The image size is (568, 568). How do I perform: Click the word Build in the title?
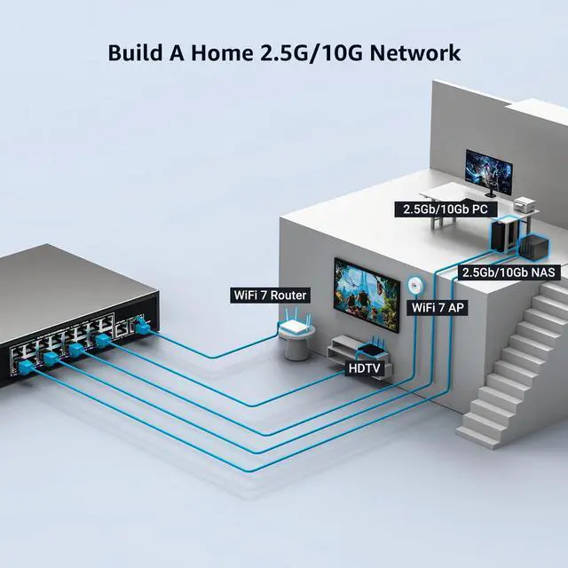pyautogui.click(x=136, y=53)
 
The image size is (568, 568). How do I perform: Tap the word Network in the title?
pyautogui.click(x=415, y=53)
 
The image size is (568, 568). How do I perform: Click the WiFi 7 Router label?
pyautogui.click(x=270, y=296)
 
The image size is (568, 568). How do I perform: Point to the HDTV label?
pyautogui.click(x=364, y=368)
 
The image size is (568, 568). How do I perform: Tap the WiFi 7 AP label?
pyautogui.click(x=438, y=308)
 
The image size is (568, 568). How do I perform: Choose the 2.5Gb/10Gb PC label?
pyautogui.click(x=446, y=209)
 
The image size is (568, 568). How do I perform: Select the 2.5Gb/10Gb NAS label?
pyautogui.click(x=509, y=272)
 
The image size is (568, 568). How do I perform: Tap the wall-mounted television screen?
pyautogui.click(x=367, y=294)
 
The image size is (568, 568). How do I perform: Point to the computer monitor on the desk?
pyautogui.click(x=489, y=174)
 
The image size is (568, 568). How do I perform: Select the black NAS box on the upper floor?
pyautogui.click(x=534, y=246)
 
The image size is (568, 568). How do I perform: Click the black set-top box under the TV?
pyautogui.click(x=371, y=349)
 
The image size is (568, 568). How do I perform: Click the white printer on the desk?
pyautogui.click(x=525, y=204)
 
